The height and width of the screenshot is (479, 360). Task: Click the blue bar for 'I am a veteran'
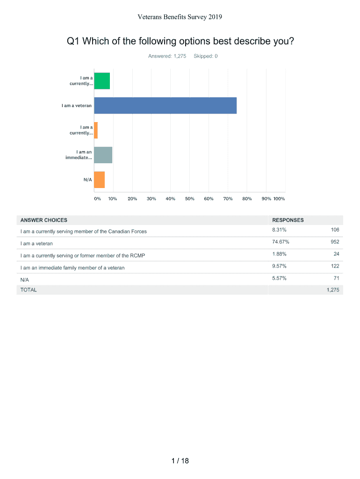(x=165, y=106)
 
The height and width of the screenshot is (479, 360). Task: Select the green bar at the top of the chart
(x=102, y=81)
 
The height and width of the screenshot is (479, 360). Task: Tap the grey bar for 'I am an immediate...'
(x=103, y=155)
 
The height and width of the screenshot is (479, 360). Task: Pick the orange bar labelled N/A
(x=99, y=180)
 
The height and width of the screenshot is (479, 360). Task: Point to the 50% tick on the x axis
(x=189, y=199)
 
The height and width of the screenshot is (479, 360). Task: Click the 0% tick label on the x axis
(x=97, y=199)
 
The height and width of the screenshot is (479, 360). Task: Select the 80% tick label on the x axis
(x=247, y=199)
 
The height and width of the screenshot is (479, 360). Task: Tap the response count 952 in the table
(x=334, y=242)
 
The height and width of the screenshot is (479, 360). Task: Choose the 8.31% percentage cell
(x=280, y=230)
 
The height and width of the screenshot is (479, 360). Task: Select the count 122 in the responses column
(x=334, y=266)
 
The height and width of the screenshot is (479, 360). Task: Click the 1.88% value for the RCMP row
(x=280, y=254)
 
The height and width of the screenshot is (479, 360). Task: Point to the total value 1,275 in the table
(x=332, y=290)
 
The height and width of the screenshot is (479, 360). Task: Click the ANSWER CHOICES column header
(x=43, y=220)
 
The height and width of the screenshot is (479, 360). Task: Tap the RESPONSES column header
(x=288, y=220)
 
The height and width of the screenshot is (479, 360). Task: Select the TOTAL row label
(x=28, y=290)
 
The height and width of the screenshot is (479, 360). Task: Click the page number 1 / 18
(x=180, y=461)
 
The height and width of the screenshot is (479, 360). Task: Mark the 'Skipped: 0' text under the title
(x=205, y=56)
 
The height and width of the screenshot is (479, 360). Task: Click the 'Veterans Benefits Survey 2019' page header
(x=180, y=17)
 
